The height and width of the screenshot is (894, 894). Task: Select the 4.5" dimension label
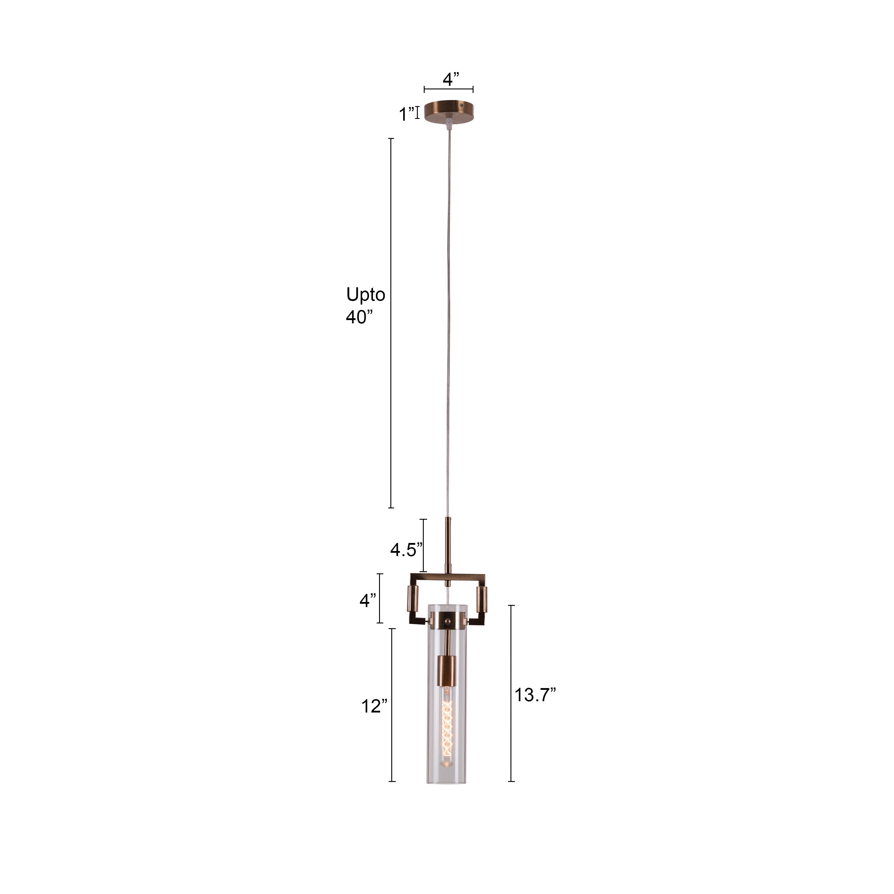point(406,550)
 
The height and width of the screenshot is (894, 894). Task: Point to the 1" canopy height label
point(407,114)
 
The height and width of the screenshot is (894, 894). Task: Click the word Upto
point(366,294)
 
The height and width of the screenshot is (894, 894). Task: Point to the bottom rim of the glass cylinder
point(447,782)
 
